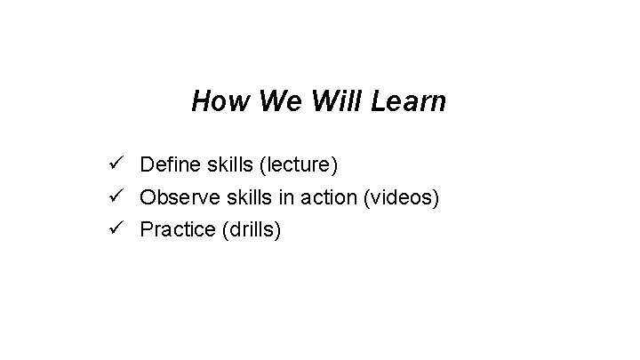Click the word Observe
tap(176, 197)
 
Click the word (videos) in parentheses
tap(399, 197)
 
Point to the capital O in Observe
tap(148, 197)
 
